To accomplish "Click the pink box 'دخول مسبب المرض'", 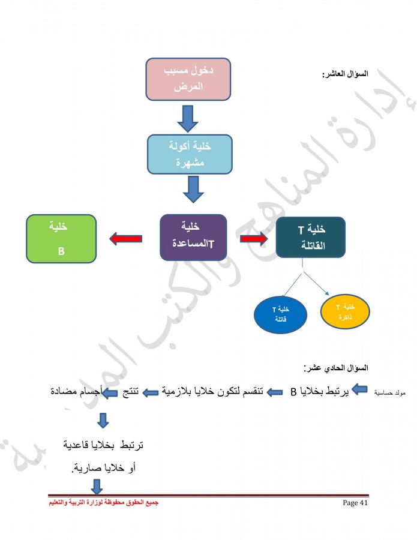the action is click(188, 79).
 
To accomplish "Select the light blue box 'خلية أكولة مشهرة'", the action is click(190, 154).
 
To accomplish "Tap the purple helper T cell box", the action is click(193, 237).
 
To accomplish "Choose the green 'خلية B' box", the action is click(61, 239).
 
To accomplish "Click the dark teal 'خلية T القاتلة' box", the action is click(311, 237).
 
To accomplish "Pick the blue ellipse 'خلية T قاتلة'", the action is click(280, 314).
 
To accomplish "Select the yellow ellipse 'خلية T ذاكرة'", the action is click(345, 311).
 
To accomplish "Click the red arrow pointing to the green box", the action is click(125, 239).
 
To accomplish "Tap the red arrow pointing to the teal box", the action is click(254, 238).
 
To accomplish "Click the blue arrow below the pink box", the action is click(188, 118).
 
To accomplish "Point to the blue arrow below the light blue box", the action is click(193, 190).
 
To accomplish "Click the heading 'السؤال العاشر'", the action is click(345, 74).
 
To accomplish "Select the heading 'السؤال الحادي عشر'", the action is click(336, 368).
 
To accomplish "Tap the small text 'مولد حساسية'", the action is click(390, 392).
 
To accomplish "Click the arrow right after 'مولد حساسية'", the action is click(360, 389).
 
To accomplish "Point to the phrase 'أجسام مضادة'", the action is click(76, 392).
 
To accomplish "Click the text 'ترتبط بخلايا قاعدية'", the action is click(103, 445).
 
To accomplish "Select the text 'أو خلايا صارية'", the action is click(104, 468).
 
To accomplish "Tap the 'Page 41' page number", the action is click(355, 503).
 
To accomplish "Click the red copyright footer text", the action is click(104, 503).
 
